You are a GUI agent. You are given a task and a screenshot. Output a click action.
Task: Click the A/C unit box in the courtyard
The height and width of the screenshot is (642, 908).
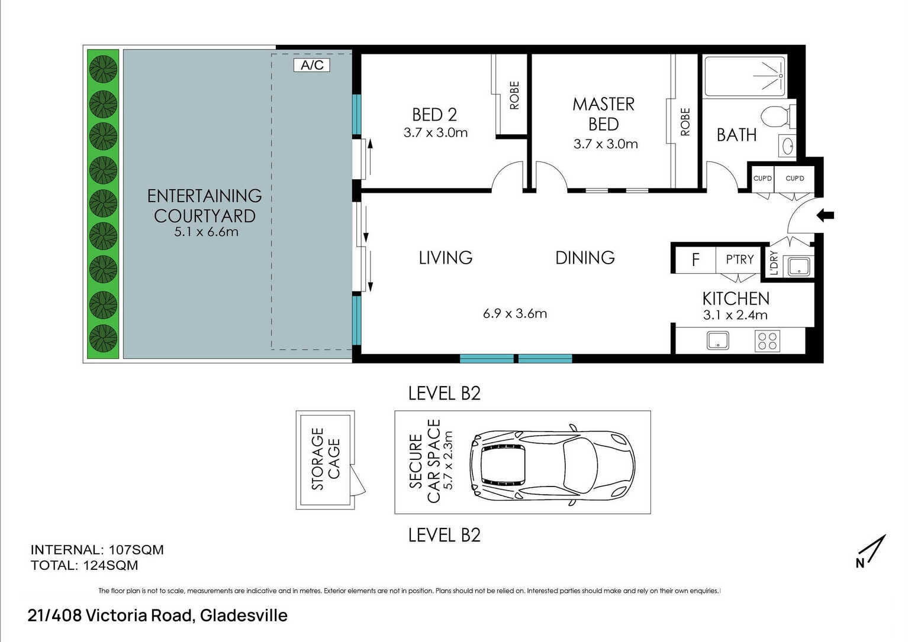click(x=312, y=65)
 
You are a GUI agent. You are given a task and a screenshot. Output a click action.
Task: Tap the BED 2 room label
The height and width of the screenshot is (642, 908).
click(x=434, y=115)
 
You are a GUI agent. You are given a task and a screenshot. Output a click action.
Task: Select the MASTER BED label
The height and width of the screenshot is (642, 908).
click(x=604, y=114)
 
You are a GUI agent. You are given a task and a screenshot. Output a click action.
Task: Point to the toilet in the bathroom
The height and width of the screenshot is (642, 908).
click(x=777, y=116)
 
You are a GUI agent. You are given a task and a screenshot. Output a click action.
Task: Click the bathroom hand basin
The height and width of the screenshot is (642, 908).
click(x=788, y=146)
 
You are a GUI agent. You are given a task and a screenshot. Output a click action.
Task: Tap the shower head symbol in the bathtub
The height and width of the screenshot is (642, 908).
click(x=769, y=76)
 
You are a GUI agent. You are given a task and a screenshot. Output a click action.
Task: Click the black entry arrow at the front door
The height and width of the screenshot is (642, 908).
click(x=825, y=215)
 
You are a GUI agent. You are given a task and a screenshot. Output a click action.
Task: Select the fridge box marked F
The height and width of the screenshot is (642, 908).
click(x=696, y=260)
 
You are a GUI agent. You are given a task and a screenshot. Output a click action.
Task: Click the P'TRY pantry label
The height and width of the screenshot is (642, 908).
click(x=740, y=259)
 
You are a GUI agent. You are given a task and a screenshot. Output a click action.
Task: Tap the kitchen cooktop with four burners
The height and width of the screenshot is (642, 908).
click(x=767, y=341)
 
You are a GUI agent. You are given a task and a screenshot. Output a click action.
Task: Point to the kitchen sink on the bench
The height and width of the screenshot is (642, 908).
click(x=718, y=341)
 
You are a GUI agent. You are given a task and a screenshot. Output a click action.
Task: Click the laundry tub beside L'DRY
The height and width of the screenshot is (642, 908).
click(x=798, y=267)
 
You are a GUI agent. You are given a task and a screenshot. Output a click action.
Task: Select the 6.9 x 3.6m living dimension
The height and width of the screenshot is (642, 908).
click(x=515, y=313)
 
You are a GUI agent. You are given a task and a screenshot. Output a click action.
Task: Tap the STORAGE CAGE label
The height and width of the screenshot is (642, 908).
click(x=325, y=459)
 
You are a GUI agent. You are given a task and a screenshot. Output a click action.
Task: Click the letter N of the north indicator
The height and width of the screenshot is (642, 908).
click(x=860, y=563)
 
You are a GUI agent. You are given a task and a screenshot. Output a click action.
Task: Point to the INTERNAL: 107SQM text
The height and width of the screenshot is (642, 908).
click(x=97, y=550)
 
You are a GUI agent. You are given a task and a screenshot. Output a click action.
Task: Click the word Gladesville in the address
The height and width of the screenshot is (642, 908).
click(x=244, y=615)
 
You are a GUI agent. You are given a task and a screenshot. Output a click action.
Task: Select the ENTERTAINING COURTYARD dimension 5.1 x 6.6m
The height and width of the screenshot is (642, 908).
click(x=206, y=232)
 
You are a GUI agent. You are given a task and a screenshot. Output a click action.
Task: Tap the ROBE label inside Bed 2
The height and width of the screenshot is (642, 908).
click(x=514, y=96)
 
